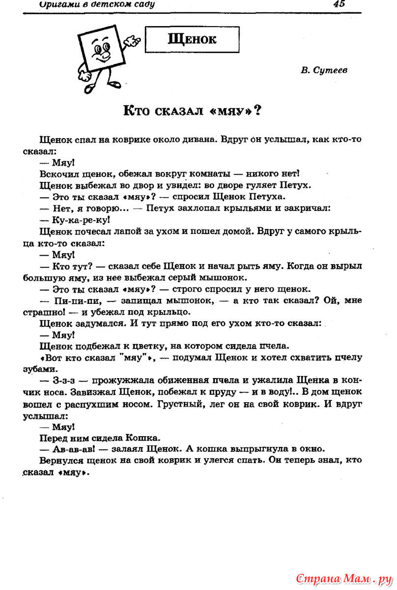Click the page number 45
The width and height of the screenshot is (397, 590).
tap(339, 4)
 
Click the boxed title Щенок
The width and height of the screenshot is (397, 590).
tap(192, 39)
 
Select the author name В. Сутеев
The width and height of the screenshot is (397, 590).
tap(324, 70)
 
